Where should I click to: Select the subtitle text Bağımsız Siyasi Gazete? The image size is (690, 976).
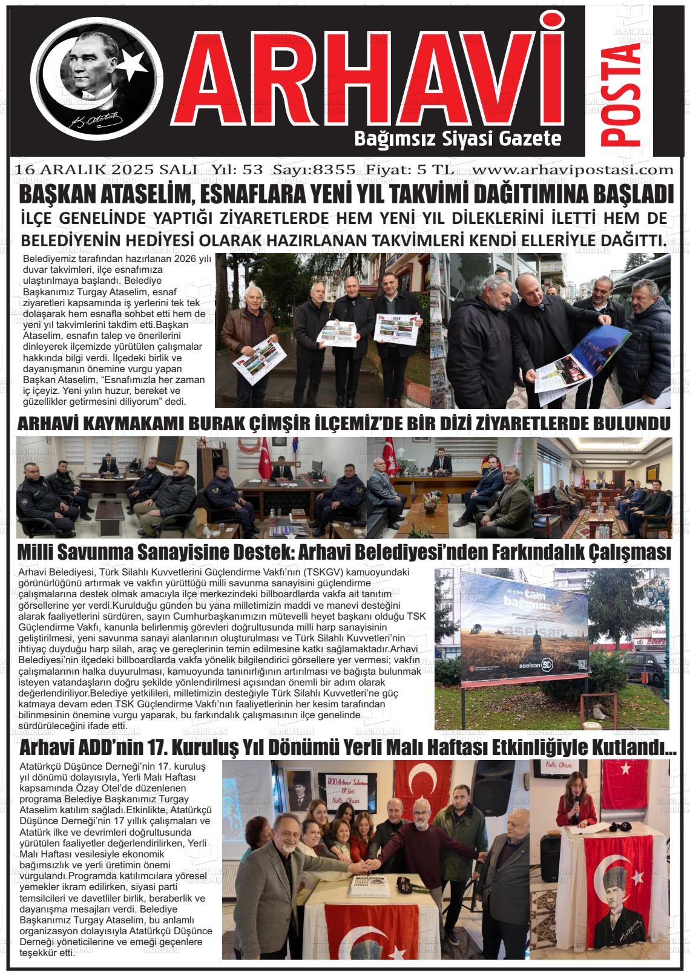point(457,139)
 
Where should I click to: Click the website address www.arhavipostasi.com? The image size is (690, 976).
point(573,170)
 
